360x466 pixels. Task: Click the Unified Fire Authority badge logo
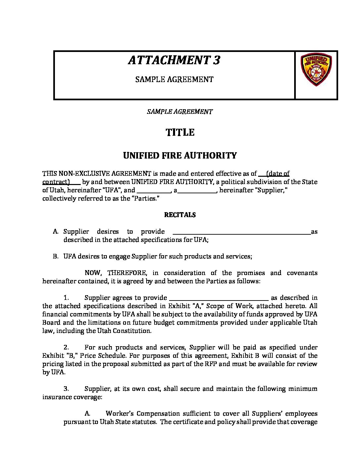coord(316,70)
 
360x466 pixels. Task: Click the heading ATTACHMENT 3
coord(174,60)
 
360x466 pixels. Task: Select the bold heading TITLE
coord(180,132)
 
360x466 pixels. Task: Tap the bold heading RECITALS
coord(180,215)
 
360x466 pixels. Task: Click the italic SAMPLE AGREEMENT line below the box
coord(180,112)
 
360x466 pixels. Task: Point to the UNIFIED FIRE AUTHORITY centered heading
coord(180,156)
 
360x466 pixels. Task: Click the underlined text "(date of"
coord(278,173)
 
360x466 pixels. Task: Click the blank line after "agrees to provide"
coord(219,298)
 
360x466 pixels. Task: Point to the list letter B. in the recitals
coord(56,256)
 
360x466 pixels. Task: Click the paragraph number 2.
coord(66,348)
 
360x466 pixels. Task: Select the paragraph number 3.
coord(66,389)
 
